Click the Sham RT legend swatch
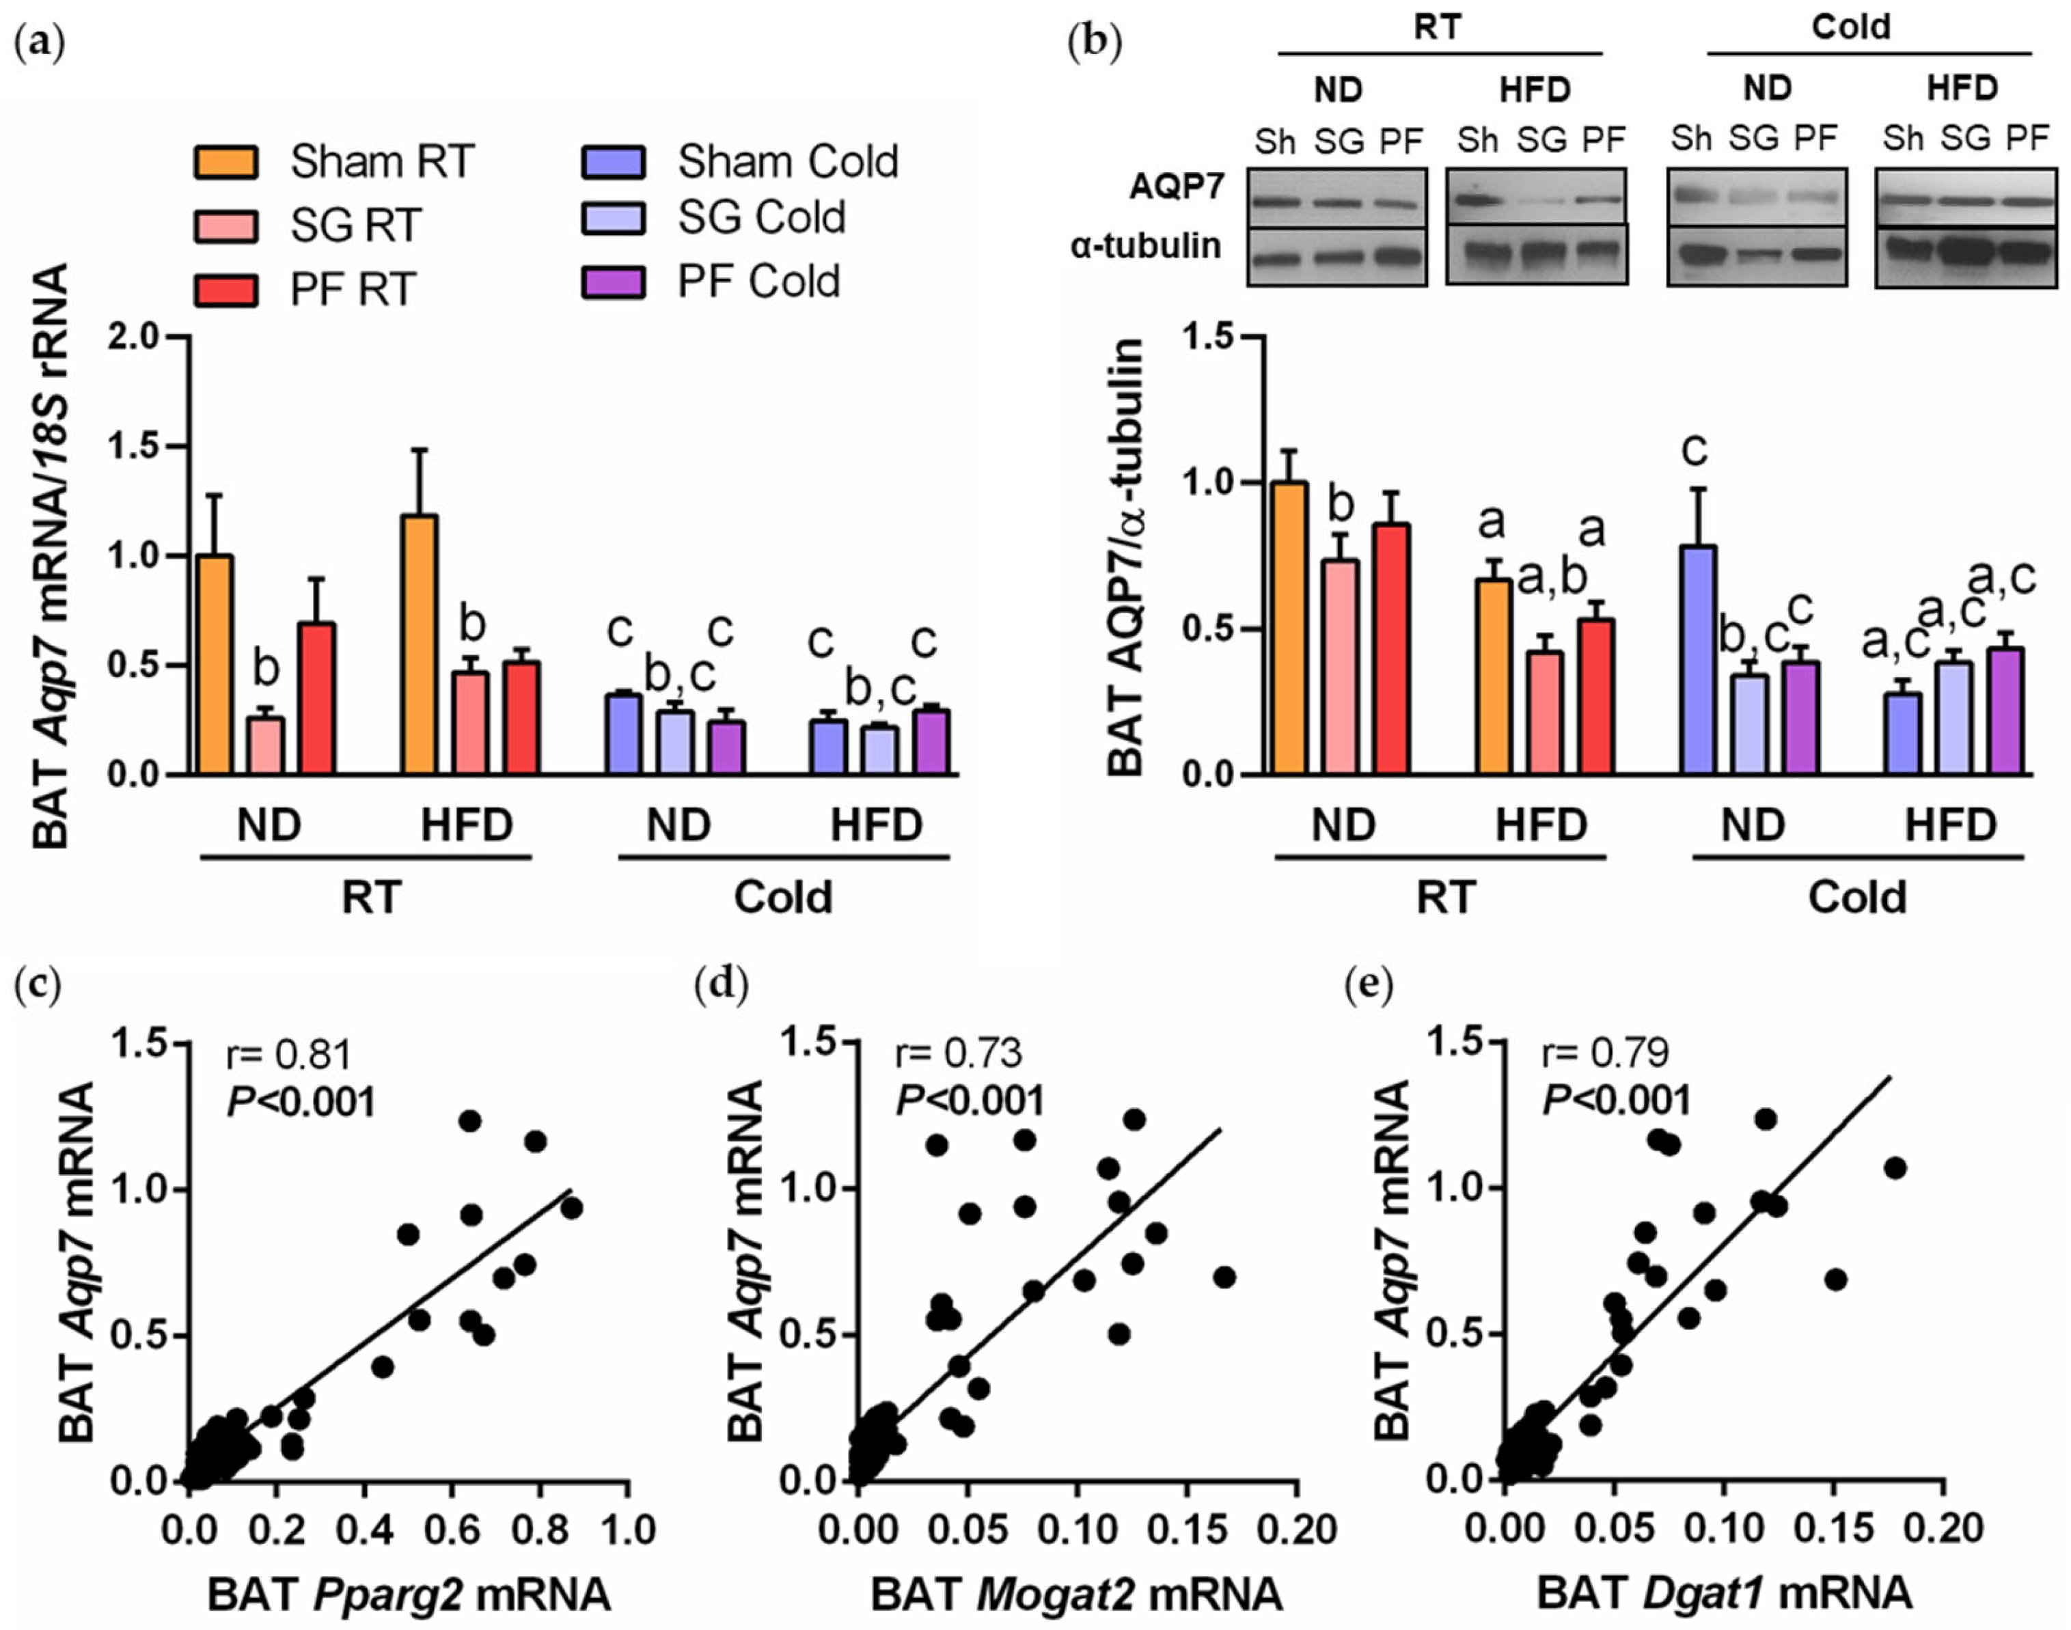tap(225, 162)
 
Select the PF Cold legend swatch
tap(613, 281)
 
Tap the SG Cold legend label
tap(760, 219)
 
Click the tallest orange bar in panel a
tap(420, 644)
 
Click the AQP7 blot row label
tap(1176, 187)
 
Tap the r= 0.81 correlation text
tap(288, 1055)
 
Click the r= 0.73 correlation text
tap(957, 1053)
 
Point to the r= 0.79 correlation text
tap(1605, 1053)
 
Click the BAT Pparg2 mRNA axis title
tap(409, 1594)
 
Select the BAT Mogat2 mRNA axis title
tap(1077, 1594)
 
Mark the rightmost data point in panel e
tap(1895, 1168)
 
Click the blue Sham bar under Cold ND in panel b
tap(1698, 659)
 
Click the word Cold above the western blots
tap(1850, 27)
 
